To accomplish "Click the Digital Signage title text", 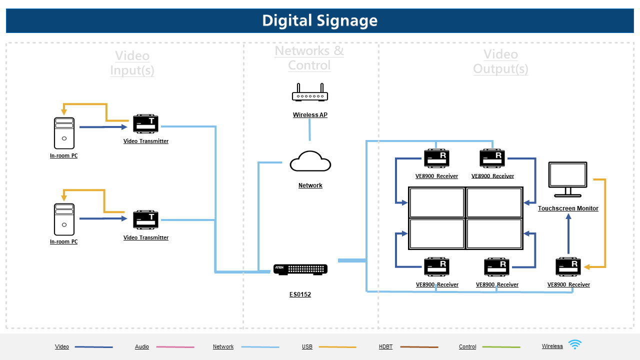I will pos(320,20).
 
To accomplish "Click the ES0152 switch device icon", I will pos(300,269).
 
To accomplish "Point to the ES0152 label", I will pos(300,294).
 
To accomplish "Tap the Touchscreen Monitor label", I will pos(568,208).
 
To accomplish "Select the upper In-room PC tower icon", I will pos(64,133).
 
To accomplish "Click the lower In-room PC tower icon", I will pos(64,219).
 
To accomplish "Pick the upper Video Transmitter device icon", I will pos(145,124).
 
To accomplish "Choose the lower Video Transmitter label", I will pos(146,237).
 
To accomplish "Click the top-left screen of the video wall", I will pos(437,202).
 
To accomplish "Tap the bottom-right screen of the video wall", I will pos(494,233).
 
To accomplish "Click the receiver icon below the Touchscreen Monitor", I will pos(568,266).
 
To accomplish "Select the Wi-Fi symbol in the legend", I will pos(575,344).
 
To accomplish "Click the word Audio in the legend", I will pos(142,346).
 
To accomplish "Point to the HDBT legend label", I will pos(385,346).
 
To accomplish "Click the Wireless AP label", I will pos(310,115).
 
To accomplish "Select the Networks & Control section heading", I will pos(309,58).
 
